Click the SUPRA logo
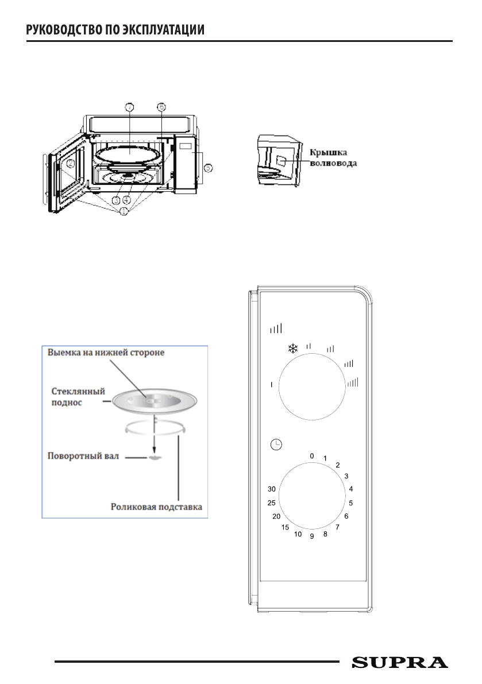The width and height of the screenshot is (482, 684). tap(400, 662)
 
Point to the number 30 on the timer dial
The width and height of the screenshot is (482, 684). tap(273, 489)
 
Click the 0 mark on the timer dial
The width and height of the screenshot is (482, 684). tap(312, 455)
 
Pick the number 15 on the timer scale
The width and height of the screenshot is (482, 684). tap(286, 527)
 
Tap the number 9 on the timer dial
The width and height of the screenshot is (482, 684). tap(312, 536)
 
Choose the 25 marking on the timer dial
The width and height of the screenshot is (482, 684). tap(272, 503)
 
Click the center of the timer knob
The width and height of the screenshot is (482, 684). tap(312, 496)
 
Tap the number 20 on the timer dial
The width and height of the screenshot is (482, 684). tap(276, 516)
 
